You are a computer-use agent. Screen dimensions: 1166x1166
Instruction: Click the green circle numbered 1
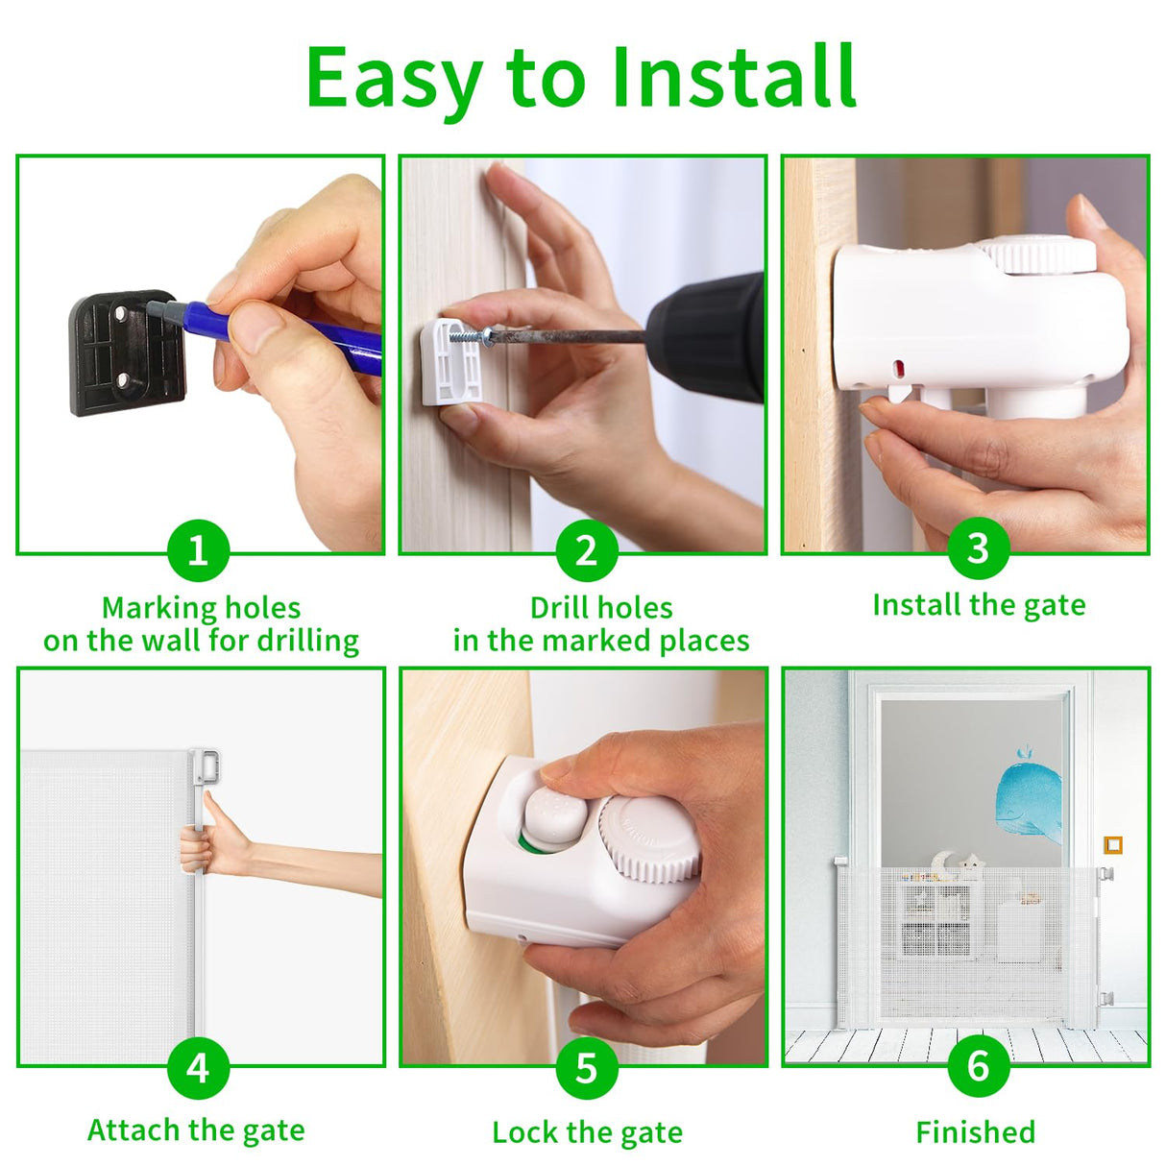pyautogui.click(x=199, y=550)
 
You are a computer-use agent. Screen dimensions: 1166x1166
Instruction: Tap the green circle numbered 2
pyautogui.click(x=586, y=550)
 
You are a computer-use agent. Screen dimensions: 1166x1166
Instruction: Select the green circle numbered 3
pyautogui.click(x=979, y=548)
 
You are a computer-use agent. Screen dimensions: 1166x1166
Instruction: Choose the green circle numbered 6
pyautogui.click(x=979, y=1065)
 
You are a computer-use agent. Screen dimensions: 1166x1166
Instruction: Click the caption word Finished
pyautogui.click(x=976, y=1131)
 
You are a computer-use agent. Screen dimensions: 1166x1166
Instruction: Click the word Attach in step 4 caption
pyautogui.click(x=134, y=1130)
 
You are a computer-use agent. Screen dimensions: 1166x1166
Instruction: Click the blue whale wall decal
pyautogui.click(x=1028, y=798)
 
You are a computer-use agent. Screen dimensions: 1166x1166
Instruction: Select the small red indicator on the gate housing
pyautogui.click(x=898, y=367)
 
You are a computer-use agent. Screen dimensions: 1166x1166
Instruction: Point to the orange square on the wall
pyautogui.click(x=1113, y=844)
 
